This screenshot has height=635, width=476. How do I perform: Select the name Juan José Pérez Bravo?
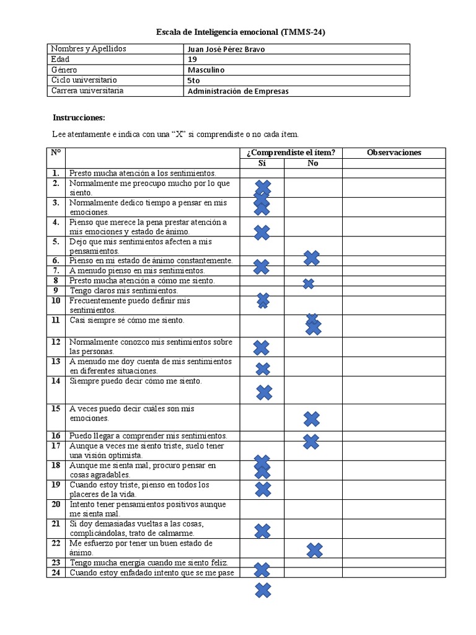point(226,49)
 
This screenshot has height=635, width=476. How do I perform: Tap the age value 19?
point(192,60)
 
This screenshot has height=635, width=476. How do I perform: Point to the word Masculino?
point(206,70)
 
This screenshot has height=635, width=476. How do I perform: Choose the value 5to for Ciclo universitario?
point(193,81)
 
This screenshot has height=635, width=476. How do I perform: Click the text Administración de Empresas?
point(237,91)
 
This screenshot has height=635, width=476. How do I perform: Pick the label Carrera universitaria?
point(87,91)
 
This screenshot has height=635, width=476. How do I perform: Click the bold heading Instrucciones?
point(79,117)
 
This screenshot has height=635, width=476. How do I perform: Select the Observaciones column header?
point(394,153)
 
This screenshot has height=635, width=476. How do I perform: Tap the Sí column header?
point(262,163)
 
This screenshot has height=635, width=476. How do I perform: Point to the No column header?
point(312,163)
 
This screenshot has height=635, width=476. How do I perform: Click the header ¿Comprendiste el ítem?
point(290,153)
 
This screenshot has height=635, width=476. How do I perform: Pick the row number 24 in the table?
point(56,573)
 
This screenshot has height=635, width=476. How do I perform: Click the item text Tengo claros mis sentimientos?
point(123,291)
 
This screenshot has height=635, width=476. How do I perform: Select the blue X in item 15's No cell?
point(311,419)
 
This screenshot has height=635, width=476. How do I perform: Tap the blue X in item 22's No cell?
point(314,550)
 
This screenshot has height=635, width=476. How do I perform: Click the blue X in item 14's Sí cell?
point(264,393)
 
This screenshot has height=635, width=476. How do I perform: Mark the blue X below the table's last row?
point(263,590)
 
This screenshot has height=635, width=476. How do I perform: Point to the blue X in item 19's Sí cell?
point(263,489)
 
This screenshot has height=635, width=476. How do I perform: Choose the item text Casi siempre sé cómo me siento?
point(126,321)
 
